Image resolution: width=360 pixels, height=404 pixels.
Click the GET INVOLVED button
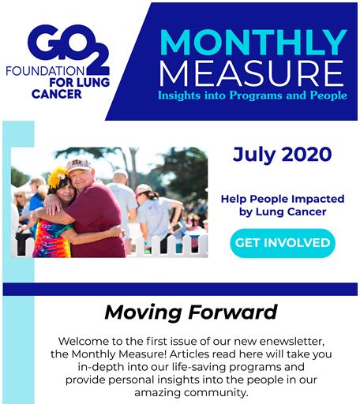(x=283, y=243)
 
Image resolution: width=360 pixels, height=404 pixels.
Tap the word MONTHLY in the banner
(x=253, y=43)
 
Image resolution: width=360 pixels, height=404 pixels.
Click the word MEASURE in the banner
(x=252, y=73)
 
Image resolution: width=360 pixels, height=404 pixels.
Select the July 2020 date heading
(x=282, y=155)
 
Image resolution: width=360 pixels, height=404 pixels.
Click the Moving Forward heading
(x=191, y=312)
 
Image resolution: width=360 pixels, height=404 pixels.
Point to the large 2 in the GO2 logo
(x=97, y=59)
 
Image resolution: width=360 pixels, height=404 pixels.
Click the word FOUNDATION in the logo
(x=45, y=71)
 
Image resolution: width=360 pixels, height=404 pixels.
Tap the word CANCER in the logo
(x=57, y=94)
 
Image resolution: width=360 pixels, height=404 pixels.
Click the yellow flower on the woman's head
(x=58, y=177)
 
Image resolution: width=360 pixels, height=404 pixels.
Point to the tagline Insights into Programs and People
(x=253, y=95)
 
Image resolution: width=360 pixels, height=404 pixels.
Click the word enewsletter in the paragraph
(x=292, y=342)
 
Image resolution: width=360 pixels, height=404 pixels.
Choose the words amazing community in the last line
(x=191, y=393)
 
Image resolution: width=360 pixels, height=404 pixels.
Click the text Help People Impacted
(x=283, y=199)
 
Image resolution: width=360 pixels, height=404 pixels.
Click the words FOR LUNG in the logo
(x=80, y=83)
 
